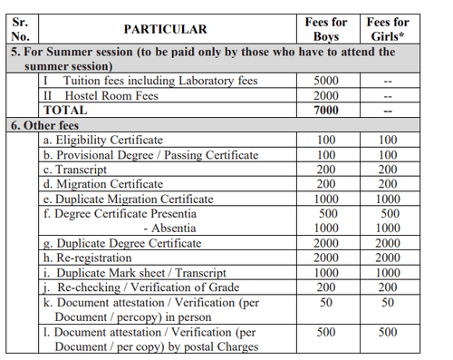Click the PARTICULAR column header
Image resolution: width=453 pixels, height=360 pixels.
pos(165,29)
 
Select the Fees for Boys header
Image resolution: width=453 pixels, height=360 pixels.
pos(325,29)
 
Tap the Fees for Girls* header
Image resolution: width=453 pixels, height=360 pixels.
pos(387,29)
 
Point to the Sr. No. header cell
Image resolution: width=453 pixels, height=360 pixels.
pos(22,29)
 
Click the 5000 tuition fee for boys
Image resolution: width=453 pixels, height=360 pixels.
pos(325,81)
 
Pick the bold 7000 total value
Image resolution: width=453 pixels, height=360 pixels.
pos(325,110)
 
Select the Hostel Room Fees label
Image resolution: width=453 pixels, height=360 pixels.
pos(110,95)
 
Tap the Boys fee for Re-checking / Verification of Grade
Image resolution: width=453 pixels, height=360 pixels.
pos(325,287)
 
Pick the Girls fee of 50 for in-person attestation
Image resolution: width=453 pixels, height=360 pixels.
pos(387,301)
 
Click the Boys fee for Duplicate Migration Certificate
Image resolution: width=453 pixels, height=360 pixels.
pos(325,199)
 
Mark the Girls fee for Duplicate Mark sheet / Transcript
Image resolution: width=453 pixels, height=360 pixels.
pos(387,272)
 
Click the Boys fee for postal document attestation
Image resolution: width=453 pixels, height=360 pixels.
pos(325,331)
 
